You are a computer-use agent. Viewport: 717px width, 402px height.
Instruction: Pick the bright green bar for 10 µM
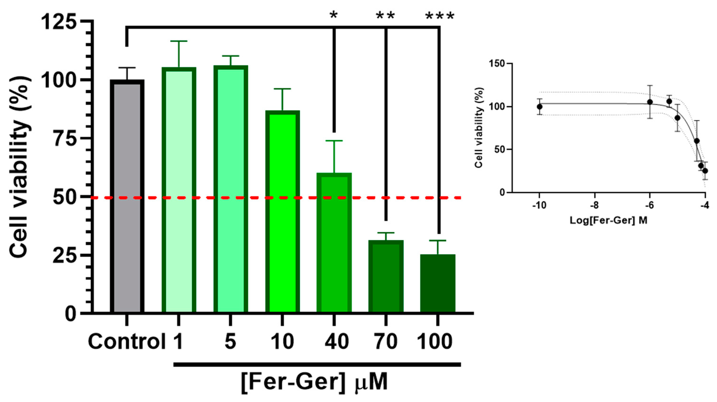[x=282, y=212]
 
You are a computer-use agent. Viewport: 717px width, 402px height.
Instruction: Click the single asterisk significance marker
[x=333, y=16]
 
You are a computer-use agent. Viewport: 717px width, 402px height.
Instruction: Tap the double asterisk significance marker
[x=385, y=16]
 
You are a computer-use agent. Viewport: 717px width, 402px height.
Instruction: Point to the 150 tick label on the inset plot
[x=497, y=64]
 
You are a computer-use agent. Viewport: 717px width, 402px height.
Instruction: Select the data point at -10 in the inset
[x=540, y=107]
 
